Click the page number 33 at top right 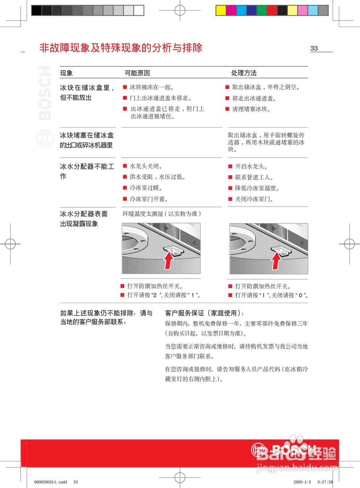(x=314, y=48)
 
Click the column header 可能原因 (x=137, y=73)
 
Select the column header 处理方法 (x=244, y=73)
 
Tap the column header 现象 (x=66, y=73)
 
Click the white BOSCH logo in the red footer (x=284, y=450)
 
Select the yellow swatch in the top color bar (x=221, y=10)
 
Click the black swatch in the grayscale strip (x=36, y=10)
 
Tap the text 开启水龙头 (x=251, y=167)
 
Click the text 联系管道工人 (x=254, y=177)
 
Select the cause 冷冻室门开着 (x=149, y=199)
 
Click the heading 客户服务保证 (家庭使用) (x=204, y=313)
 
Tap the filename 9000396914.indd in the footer (x=48, y=482)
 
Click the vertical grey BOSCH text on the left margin (x=45, y=93)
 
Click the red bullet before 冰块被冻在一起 (x=125, y=87)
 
